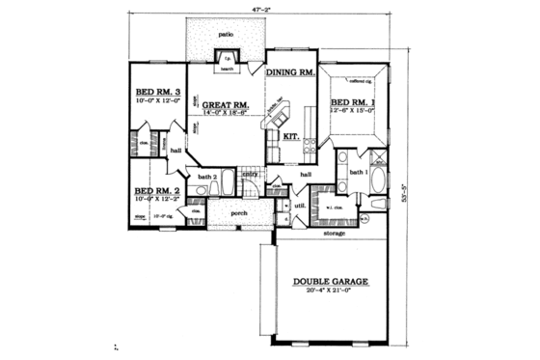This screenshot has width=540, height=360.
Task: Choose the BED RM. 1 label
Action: click(x=352, y=101)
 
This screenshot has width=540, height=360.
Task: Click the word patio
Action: click(x=227, y=34)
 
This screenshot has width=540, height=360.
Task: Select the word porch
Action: click(x=239, y=212)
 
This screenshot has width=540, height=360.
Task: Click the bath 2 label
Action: click(x=206, y=178)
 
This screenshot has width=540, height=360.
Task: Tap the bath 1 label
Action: click(x=358, y=172)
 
